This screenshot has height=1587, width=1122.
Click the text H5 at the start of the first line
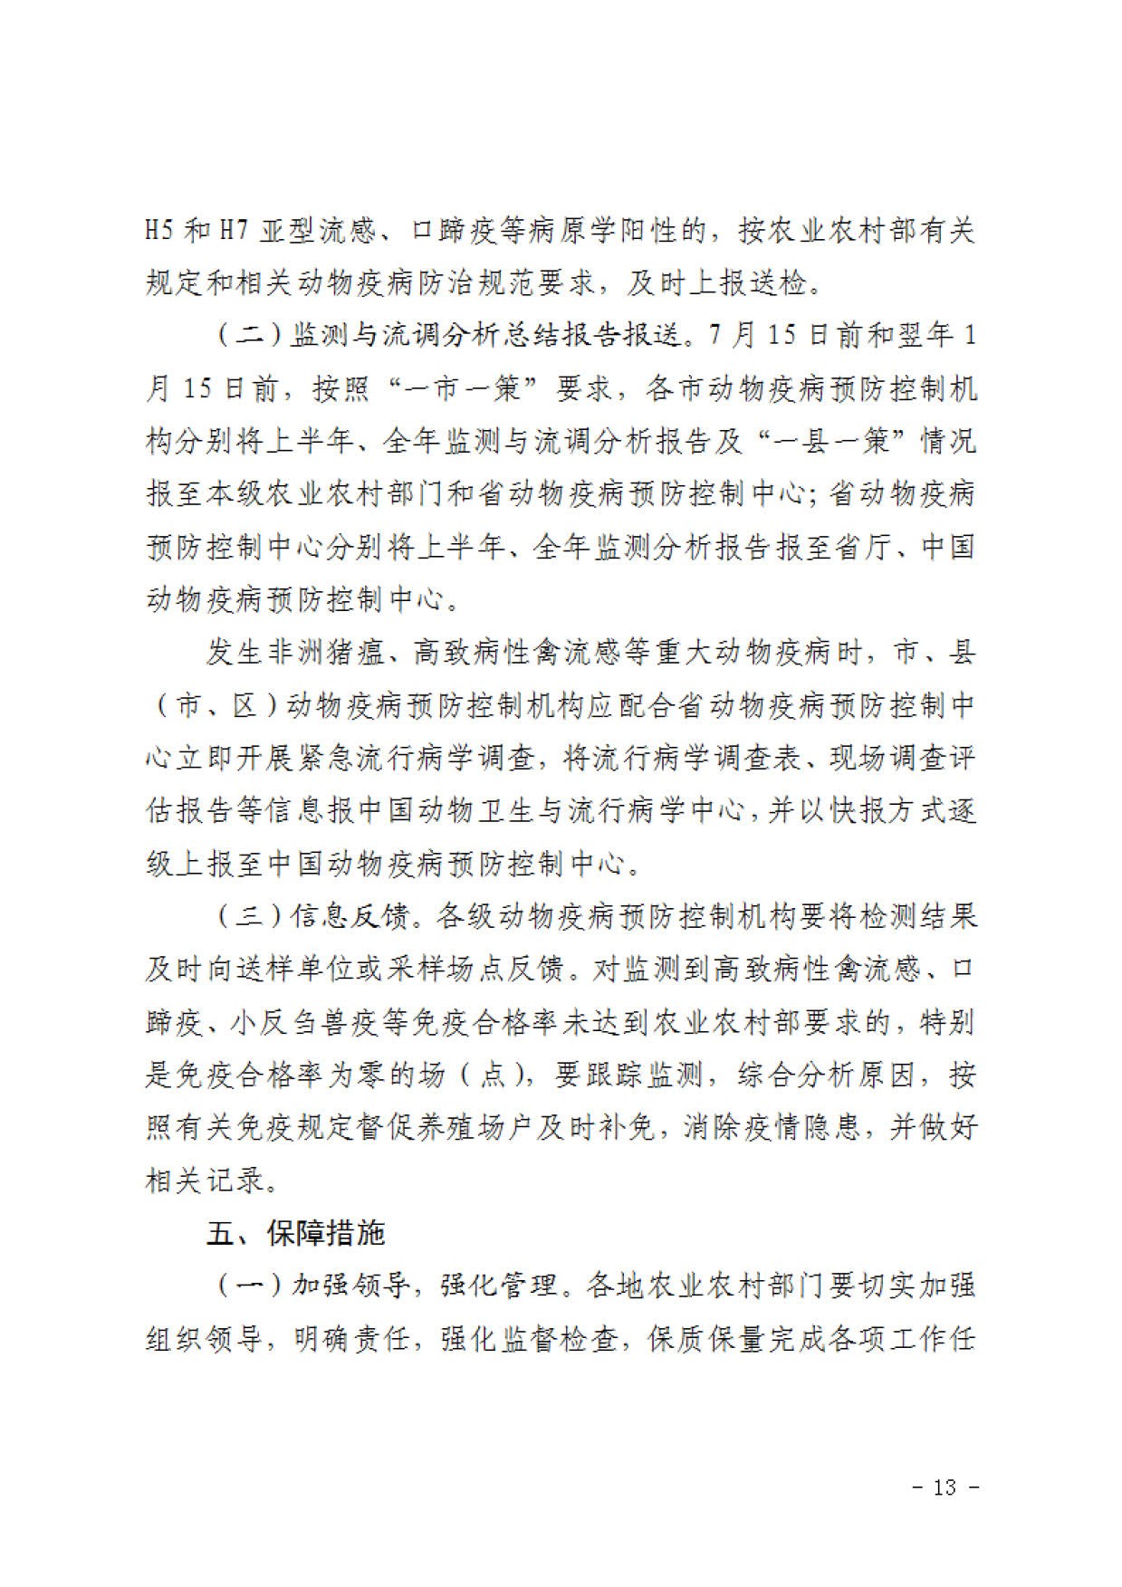point(159,232)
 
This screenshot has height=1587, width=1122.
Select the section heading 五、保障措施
point(296,1233)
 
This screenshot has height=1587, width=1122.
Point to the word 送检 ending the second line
point(778,284)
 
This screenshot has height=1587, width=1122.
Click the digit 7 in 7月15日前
point(720,337)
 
